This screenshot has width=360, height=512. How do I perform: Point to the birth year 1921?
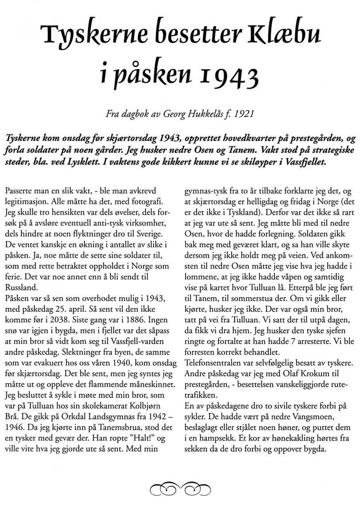pos(244,114)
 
